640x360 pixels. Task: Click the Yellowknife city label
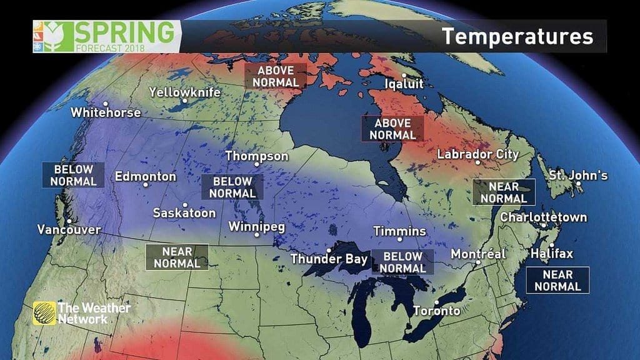tap(185, 92)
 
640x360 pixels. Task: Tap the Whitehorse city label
tap(106, 113)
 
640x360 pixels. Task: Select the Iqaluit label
tap(404, 83)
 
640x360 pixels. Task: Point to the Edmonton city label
tap(146, 176)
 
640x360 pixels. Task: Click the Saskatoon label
tap(184, 213)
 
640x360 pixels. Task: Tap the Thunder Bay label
tap(329, 259)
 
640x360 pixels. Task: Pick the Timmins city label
tap(400, 231)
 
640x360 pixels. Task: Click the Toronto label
tap(436, 311)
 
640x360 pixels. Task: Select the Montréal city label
tap(478, 254)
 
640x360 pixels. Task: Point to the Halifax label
tap(552, 254)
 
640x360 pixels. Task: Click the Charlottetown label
tap(544, 217)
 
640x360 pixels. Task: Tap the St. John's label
tap(578, 176)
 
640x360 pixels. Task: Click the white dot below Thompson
tap(257, 164)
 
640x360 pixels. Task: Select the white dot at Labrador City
tap(477, 162)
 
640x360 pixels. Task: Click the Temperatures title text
tap(517, 36)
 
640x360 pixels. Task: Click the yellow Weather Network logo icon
tap(44, 312)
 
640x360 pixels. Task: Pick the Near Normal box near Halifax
tap(557, 281)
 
